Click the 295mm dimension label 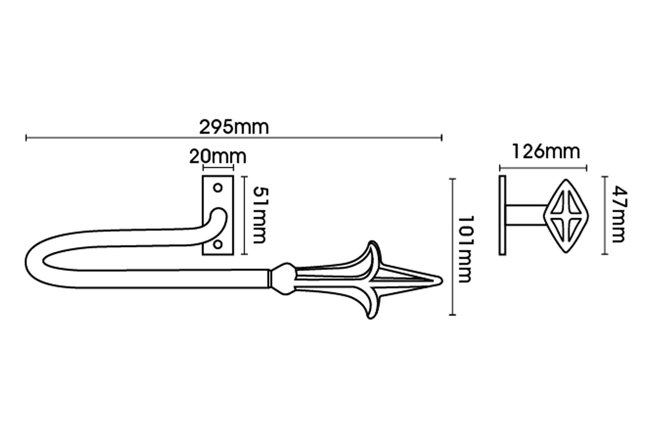pyautogui.click(x=234, y=128)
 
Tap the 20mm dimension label pyautogui.click(x=218, y=157)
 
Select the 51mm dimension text pyautogui.click(x=260, y=216)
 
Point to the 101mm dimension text pyautogui.click(x=465, y=249)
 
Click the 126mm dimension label pyautogui.click(x=546, y=152)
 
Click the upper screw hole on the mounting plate pyautogui.click(x=218, y=188)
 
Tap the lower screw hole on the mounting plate pyautogui.click(x=218, y=244)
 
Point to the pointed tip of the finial pyautogui.click(x=442, y=281)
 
